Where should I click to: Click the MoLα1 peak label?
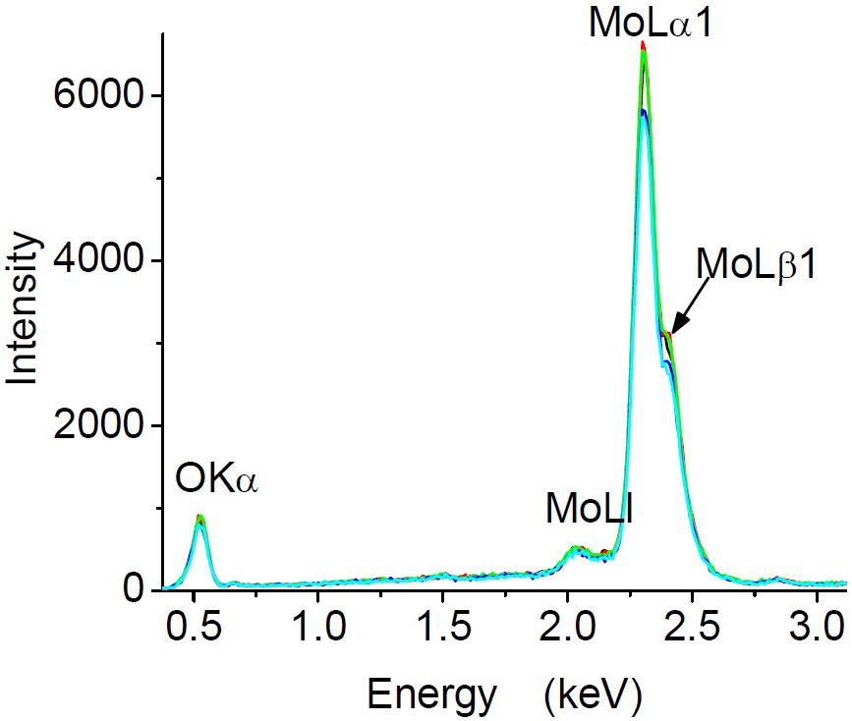click(x=650, y=22)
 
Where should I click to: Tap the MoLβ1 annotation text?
click(x=757, y=264)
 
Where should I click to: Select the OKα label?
click(x=216, y=480)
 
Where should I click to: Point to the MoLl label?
click(x=590, y=510)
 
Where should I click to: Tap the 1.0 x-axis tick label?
click(x=317, y=628)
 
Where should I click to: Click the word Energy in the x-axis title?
click(x=431, y=694)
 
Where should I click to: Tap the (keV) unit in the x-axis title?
click(x=592, y=694)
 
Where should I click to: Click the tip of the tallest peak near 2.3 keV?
click(x=643, y=45)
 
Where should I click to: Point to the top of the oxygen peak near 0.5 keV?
click(x=199, y=517)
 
